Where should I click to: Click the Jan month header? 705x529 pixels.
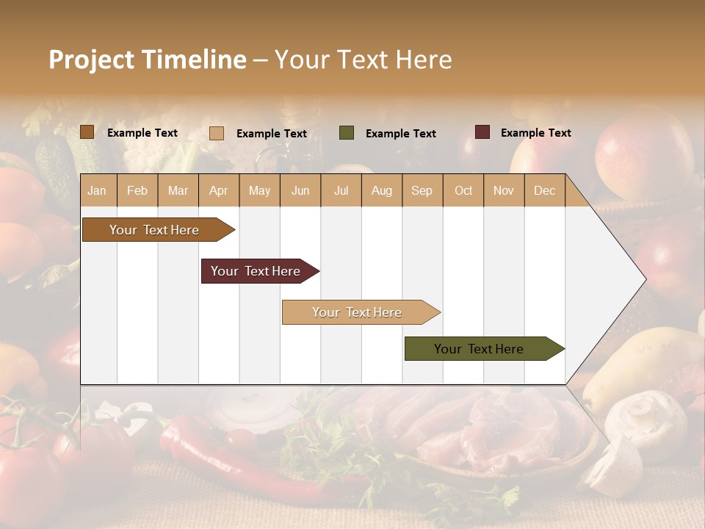(x=97, y=191)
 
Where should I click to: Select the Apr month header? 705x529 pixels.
(x=219, y=191)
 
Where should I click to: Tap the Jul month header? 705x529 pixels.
(x=341, y=191)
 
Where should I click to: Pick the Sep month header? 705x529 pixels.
(x=422, y=191)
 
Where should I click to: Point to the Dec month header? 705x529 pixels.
(x=545, y=191)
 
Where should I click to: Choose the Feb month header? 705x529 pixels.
(x=137, y=191)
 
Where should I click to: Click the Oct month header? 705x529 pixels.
(x=463, y=191)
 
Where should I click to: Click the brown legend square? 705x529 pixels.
(x=87, y=132)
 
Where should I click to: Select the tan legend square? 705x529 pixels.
(x=217, y=133)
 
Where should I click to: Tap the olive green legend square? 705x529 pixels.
(x=347, y=133)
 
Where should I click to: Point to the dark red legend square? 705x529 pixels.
(x=482, y=132)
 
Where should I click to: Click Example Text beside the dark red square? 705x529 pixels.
(x=535, y=133)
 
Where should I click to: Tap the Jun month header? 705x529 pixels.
(x=300, y=191)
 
